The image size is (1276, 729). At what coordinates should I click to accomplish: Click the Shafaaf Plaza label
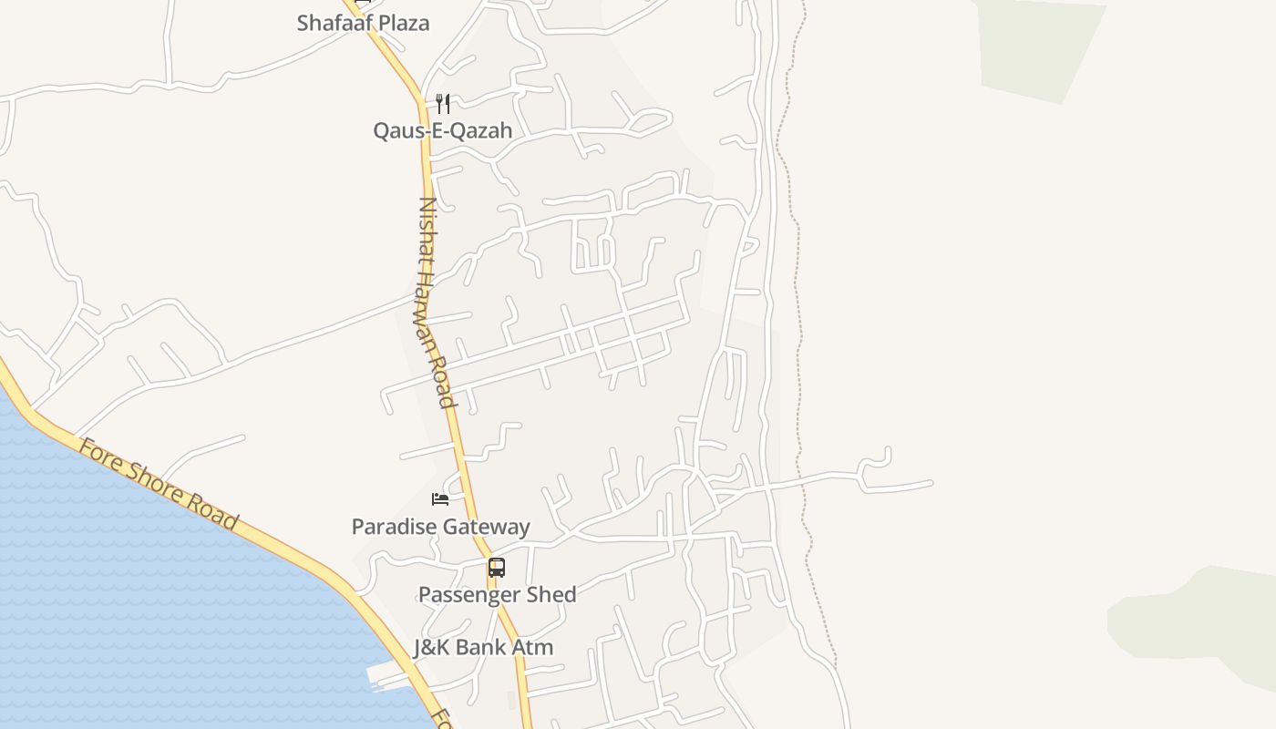click(x=363, y=23)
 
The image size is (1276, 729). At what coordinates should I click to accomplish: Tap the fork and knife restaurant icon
click(x=443, y=103)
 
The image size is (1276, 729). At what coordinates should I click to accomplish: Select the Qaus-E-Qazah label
click(x=442, y=130)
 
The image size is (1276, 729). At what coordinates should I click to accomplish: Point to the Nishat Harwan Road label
click(x=436, y=303)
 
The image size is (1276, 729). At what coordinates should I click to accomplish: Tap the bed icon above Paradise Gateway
click(x=440, y=498)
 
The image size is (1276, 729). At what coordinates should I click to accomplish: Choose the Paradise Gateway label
click(x=440, y=527)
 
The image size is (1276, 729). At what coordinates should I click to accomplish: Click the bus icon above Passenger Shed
click(x=496, y=568)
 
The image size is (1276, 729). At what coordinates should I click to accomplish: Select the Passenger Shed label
click(x=497, y=594)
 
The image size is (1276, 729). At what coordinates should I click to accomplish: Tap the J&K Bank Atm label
click(x=483, y=647)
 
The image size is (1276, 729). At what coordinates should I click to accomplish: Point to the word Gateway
click(x=486, y=527)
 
